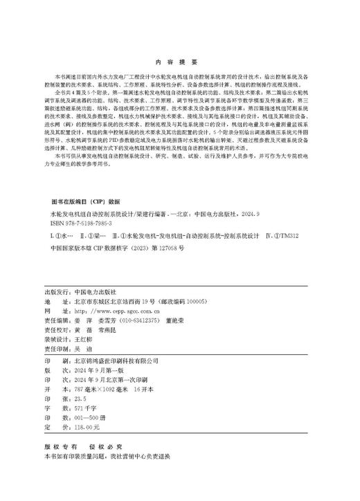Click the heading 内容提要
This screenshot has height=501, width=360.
(179, 60)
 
